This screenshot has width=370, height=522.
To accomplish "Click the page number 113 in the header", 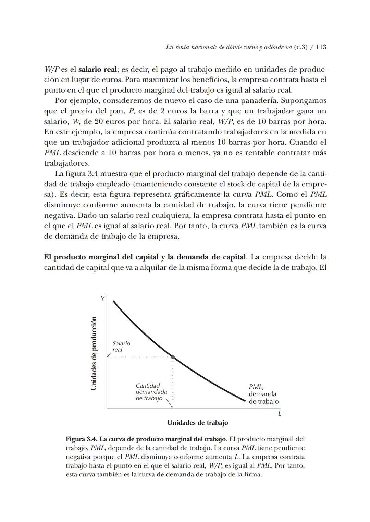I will (x=321, y=47).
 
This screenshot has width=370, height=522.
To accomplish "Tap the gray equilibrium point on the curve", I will (x=173, y=357).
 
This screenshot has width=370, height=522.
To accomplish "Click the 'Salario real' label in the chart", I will (x=121, y=347).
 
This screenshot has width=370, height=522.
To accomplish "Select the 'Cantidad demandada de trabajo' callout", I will (x=151, y=392).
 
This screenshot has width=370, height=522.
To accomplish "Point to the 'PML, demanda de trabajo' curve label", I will (x=263, y=394).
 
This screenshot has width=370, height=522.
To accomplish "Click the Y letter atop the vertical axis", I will (x=102, y=299).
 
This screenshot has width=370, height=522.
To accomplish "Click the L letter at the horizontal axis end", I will (x=280, y=414).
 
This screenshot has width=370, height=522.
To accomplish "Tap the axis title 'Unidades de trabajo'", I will (x=198, y=423).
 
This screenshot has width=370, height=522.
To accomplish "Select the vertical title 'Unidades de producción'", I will (x=94, y=353).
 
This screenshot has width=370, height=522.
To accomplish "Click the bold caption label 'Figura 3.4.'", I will (x=81, y=439).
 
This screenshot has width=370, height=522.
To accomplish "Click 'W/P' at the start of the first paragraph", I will (x=52, y=69).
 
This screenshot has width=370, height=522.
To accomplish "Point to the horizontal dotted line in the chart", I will (x=140, y=357).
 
